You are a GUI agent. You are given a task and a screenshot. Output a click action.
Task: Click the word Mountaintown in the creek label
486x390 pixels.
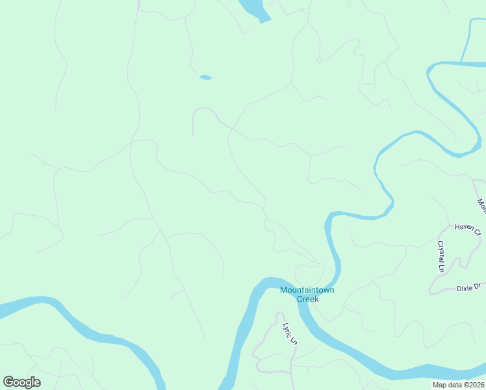307,290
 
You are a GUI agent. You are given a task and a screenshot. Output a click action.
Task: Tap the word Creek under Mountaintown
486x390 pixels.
307,299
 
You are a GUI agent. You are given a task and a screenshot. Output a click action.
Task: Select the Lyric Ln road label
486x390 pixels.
289,332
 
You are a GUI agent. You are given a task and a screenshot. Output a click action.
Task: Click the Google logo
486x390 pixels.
21,382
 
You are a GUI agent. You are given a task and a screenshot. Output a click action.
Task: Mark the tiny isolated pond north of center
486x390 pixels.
205,77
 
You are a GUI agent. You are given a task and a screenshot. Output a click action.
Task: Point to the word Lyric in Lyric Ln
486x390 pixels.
287,328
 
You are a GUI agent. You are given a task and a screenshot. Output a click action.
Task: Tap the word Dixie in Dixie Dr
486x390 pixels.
464,287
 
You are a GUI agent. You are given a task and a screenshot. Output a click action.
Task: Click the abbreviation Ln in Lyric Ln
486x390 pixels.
293,339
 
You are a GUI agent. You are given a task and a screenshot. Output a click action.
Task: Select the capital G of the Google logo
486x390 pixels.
8,382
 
